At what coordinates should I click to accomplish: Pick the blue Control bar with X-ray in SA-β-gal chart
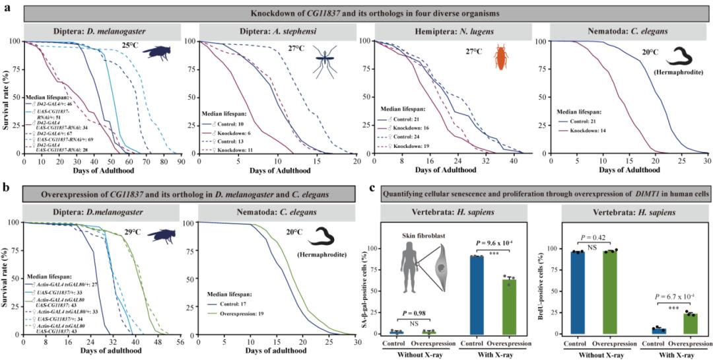(x=477, y=294)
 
